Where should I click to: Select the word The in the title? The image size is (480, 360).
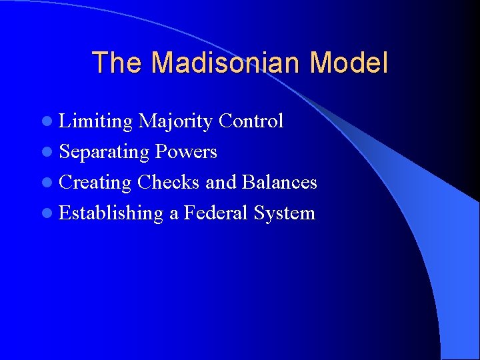coord(117,63)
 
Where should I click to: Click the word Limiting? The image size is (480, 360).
coord(96,121)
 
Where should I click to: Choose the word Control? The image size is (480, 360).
coord(251,121)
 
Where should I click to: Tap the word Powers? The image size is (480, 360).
coord(186,152)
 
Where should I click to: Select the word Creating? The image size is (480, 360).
coord(95,183)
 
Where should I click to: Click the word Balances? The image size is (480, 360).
coord(279,183)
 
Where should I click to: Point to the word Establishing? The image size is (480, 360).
coord(111,213)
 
